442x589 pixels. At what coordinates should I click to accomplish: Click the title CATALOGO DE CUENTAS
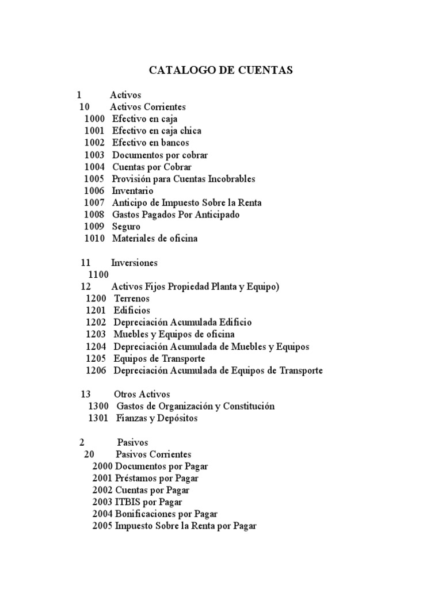(221, 70)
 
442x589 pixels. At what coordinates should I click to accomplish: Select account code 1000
(94, 118)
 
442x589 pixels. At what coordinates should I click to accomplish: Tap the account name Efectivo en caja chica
(157, 131)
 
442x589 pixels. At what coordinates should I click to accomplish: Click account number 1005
(94, 179)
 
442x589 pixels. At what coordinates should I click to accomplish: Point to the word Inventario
(132, 190)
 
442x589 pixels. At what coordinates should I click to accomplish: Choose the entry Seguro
(126, 227)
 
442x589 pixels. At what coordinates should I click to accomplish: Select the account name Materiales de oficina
(154, 238)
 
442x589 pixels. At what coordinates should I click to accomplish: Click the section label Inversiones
(134, 263)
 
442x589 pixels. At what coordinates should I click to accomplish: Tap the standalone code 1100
(98, 275)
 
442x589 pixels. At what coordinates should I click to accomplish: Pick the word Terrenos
(132, 299)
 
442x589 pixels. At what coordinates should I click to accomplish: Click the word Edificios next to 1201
(132, 311)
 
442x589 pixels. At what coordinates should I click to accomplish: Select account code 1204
(96, 347)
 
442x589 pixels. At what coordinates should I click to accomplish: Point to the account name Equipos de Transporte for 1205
(159, 358)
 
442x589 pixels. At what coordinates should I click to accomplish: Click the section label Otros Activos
(142, 394)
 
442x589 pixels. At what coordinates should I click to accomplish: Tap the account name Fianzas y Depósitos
(157, 418)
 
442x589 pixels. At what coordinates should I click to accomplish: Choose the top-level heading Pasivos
(132, 442)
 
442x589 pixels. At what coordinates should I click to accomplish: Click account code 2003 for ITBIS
(102, 502)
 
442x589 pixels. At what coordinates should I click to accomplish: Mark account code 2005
(102, 526)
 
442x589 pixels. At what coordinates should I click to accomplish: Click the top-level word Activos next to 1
(125, 95)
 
